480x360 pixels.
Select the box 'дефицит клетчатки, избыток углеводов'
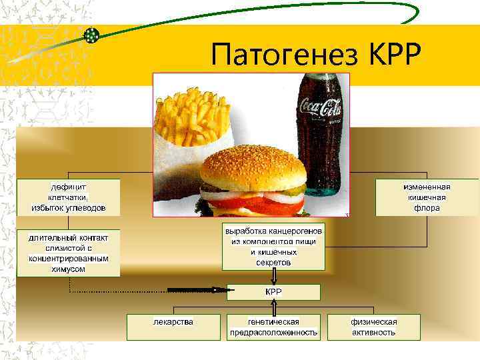(69, 197)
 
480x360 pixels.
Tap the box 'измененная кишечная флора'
(427, 197)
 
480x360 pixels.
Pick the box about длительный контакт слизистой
(69, 253)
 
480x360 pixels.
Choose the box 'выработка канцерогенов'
(273, 246)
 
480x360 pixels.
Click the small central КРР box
(273, 292)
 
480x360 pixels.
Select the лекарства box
(173, 327)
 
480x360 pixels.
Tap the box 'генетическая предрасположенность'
(273, 327)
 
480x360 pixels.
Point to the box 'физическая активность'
(374, 327)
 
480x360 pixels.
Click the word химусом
(69, 268)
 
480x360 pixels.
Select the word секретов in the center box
(273, 263)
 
